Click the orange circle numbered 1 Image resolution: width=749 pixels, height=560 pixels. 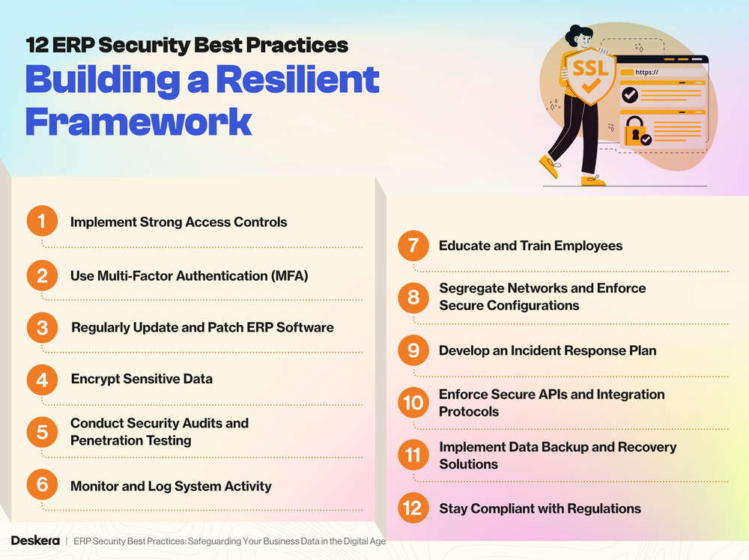(x=42, y=222)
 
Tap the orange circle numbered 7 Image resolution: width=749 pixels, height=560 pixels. (x=413, y=246)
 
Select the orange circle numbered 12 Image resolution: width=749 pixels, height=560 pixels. (x=413, y=508)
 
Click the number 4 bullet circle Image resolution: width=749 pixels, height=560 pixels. (x=42, y=380)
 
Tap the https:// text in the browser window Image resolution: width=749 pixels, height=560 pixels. (x=646, y=72)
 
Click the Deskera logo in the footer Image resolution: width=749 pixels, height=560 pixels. (x=35, y=541)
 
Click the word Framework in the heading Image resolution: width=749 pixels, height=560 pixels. (x=138, y=121)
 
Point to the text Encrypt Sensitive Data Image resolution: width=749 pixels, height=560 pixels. (x=142, y=379)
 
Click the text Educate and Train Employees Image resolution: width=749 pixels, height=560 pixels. (x=530, y=246)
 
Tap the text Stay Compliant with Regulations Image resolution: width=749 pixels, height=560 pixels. (x=539, y=509)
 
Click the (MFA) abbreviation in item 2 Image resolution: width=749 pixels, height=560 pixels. (x=285, y=276)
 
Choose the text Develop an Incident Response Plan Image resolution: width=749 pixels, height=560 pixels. (x=547, y=350)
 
